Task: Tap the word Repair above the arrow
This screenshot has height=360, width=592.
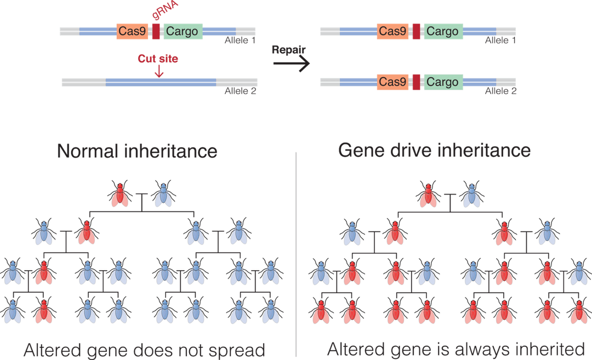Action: click(289, 49)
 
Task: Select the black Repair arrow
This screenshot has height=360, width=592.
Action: click(291, 64)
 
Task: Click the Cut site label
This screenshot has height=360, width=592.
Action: click(158, 59)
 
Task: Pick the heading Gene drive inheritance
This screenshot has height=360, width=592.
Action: click(434, 150)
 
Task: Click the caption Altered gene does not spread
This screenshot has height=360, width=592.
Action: click(145, 350)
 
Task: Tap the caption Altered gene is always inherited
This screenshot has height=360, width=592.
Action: click(456, 350)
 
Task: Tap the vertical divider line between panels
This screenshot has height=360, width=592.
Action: click(297, 252)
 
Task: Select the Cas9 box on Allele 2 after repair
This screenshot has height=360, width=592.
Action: click(392, 82)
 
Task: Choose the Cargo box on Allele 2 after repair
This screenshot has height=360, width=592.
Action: click(442, 82)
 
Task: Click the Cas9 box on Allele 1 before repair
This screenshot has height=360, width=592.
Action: click(132, 31)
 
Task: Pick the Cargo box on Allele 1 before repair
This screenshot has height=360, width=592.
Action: click(182, 31)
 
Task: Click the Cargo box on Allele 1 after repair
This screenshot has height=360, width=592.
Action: click(442, 31)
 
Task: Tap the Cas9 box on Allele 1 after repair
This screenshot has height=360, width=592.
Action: click(392, 31)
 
